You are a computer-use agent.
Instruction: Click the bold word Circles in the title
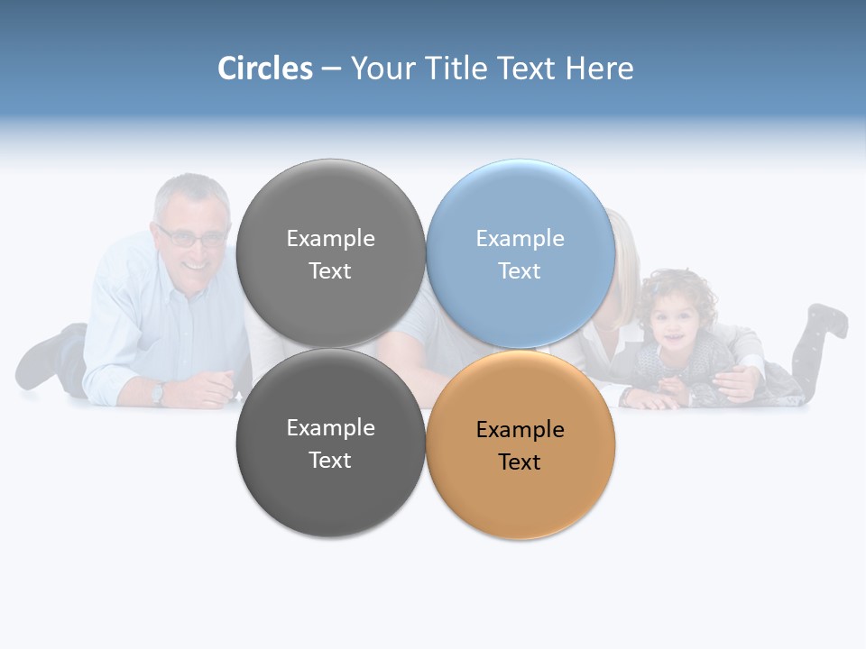264,69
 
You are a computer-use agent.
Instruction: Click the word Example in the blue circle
520,239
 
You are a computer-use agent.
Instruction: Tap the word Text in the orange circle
520,462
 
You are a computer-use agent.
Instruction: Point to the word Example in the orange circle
520,430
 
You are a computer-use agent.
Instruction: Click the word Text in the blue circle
520,271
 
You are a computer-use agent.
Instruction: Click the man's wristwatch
159,392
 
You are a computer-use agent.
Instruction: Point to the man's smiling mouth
194,268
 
